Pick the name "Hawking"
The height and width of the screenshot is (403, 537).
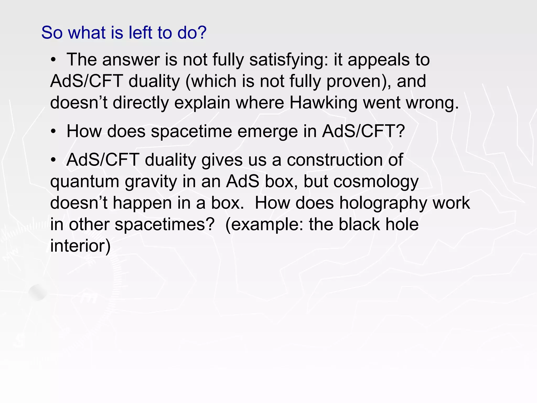[x=323, y=103]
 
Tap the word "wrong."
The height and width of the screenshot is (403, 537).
[x=432, y=103]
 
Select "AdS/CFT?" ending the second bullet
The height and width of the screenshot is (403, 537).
[x=363, y=131]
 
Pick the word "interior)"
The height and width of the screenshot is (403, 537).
[x=80, y=246]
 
